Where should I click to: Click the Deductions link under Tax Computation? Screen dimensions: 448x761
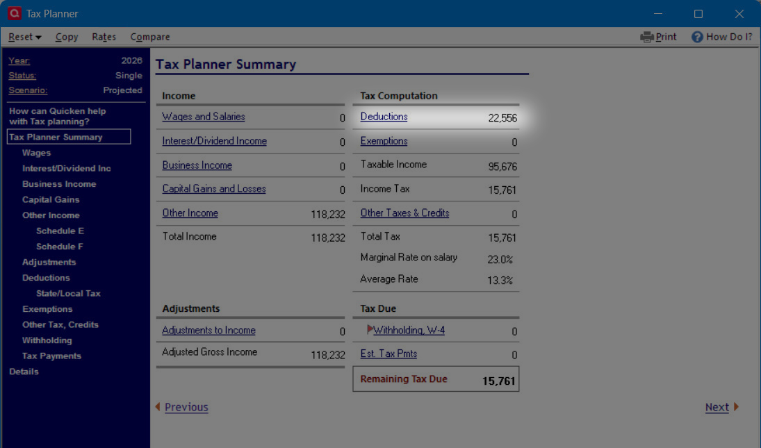384,117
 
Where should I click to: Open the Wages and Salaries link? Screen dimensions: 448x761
204,117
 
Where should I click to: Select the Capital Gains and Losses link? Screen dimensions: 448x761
214,189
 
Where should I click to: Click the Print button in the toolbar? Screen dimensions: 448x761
658,37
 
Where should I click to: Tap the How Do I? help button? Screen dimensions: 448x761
721,37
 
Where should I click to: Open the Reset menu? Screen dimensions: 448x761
25,37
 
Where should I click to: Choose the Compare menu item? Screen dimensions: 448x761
150,37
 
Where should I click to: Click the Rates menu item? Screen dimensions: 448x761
104,37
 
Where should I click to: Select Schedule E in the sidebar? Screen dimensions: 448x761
60,231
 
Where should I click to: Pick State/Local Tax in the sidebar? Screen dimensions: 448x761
68,293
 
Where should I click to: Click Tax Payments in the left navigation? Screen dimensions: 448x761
51,356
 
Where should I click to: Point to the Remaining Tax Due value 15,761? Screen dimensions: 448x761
498,381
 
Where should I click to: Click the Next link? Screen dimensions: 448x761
717,408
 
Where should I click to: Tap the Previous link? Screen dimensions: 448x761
186,408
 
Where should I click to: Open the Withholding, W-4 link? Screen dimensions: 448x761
409,331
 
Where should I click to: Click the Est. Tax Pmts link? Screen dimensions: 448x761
388,354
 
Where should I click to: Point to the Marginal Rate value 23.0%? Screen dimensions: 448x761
500,259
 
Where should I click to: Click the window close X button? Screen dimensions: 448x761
739,14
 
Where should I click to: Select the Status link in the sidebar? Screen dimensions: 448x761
22,76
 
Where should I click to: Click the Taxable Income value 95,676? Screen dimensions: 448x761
502,167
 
